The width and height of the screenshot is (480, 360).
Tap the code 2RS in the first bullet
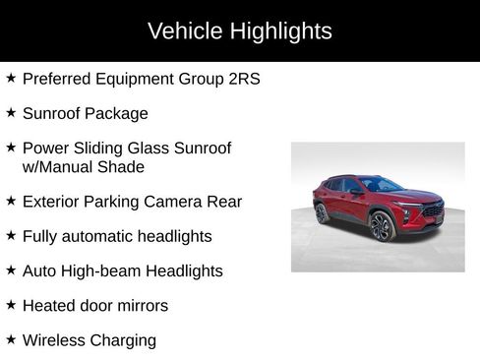coord(241,79)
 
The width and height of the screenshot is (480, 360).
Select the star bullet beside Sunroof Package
coord(11,112)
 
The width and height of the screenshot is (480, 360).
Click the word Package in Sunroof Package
coord(116,113)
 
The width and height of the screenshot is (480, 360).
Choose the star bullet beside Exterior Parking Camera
coord(11,201)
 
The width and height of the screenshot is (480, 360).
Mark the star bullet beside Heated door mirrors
coord(11,305)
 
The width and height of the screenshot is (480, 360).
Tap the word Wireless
coord(56,340)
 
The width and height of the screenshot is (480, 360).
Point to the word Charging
coord(125,341)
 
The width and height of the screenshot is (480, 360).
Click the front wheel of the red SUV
coord(382,227)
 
